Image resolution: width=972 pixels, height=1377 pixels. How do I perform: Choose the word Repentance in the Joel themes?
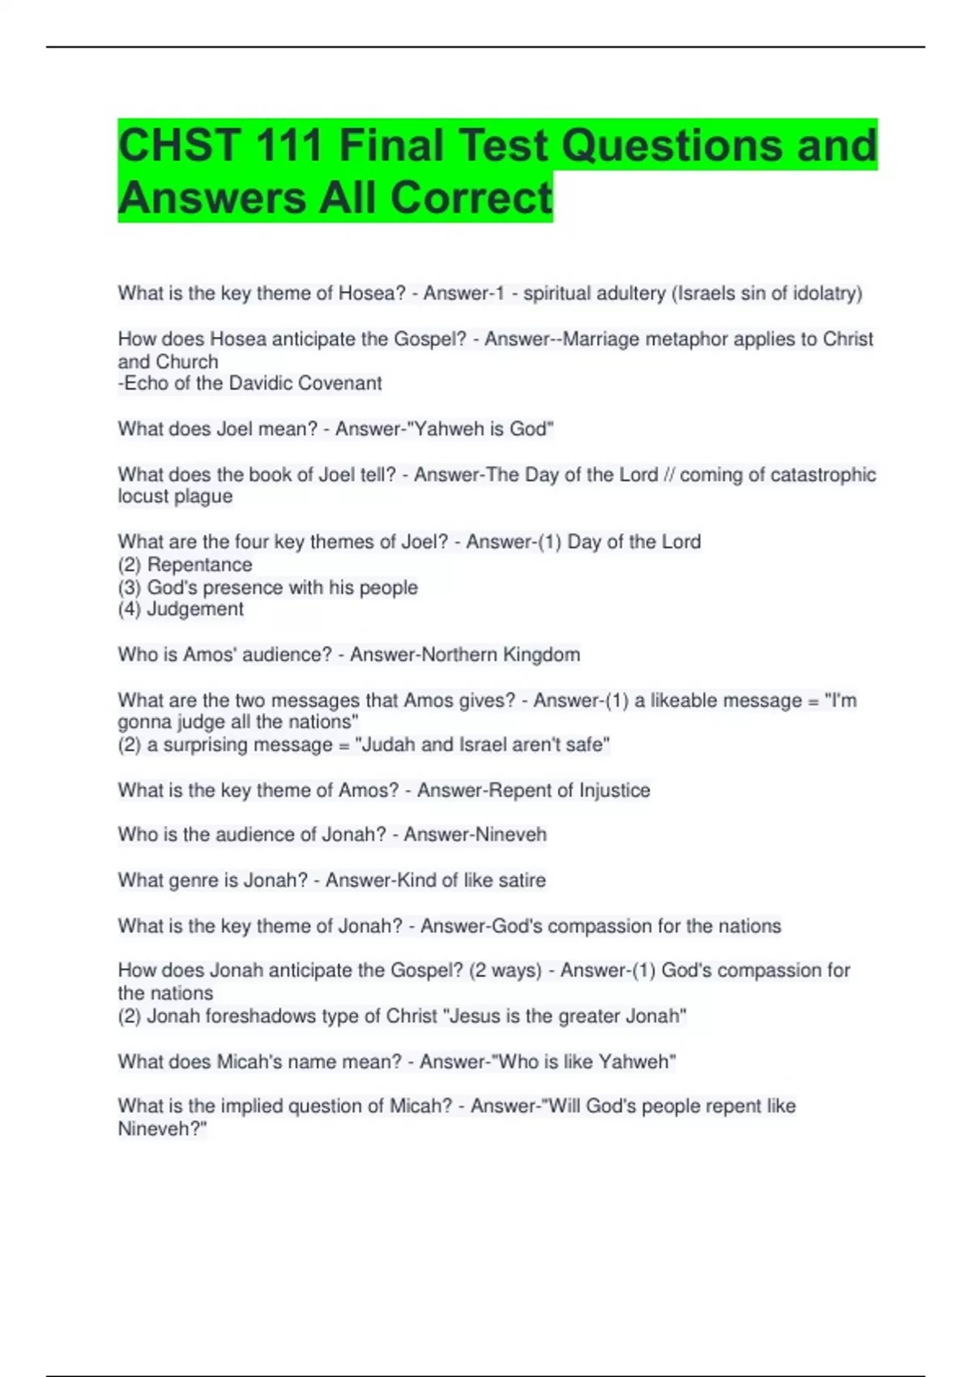tap(199, 565)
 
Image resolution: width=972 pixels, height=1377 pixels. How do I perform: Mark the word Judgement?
tap(195, 609)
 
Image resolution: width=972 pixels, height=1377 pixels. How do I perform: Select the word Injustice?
tap(614, 791)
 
